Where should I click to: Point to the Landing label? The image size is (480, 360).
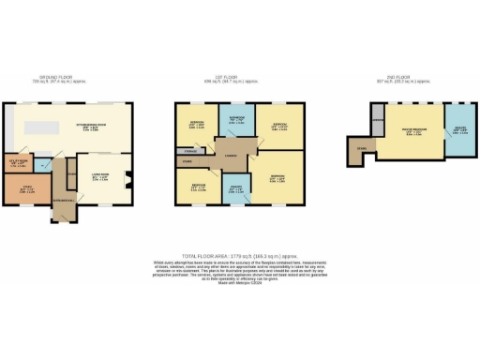pos(230,156)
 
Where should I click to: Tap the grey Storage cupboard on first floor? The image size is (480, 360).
pos(190,151)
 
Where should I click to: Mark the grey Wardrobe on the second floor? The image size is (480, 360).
pos(379,123)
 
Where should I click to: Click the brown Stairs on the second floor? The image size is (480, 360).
pos(359,150)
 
